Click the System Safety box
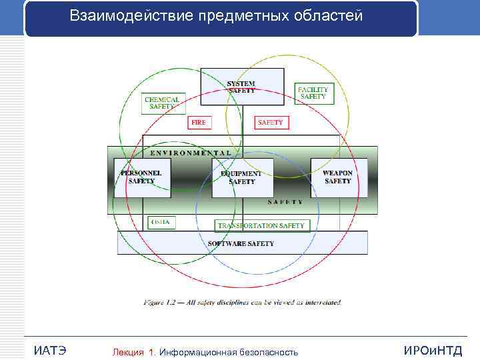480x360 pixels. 241,87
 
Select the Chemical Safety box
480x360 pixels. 162,103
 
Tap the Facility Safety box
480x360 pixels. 313,93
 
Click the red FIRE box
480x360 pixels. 199,123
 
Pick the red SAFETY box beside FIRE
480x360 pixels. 270,123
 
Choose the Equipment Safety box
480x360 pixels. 242,177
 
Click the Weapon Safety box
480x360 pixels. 337,177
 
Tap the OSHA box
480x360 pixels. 161,222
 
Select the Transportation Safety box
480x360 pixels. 261,225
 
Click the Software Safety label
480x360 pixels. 241,244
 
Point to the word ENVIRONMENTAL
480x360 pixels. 191,153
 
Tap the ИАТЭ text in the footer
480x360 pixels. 49,351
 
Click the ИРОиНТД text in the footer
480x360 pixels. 432,351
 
